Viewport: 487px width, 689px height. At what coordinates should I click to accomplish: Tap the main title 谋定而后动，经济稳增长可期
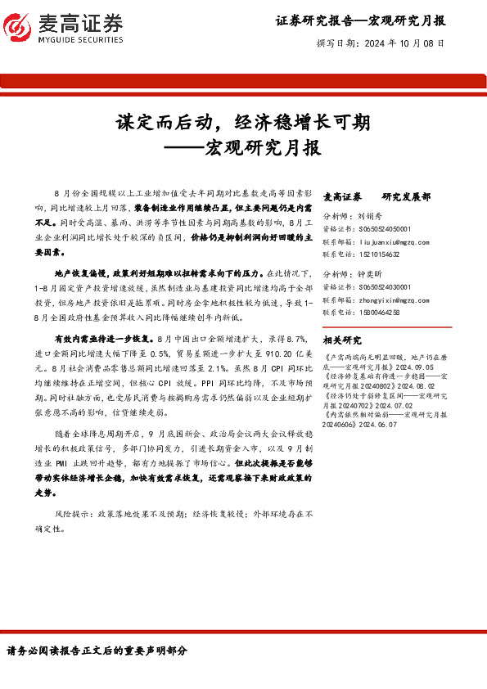point(243,122)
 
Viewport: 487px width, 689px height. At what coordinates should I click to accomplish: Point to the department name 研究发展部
point(406,197)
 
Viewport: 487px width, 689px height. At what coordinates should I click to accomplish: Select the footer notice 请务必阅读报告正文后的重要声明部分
point(97,651)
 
